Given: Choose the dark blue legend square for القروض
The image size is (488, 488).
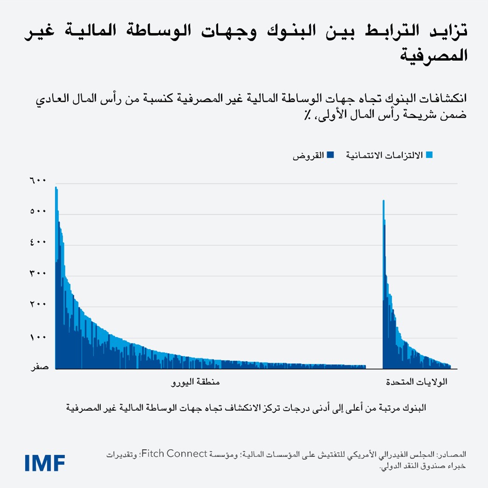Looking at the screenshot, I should tap(331, 155).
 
